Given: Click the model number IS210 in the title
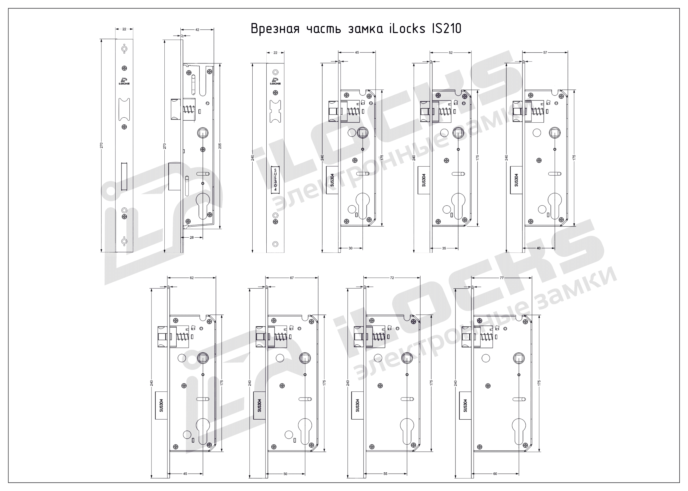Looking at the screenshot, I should coord(444,29).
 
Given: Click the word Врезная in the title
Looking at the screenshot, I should coord(275,29).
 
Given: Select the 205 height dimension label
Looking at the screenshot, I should coord(220,146).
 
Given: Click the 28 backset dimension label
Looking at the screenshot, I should coord(191,238).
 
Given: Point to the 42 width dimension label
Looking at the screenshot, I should coord(197,30).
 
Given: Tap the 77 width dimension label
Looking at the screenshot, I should coord(502,278).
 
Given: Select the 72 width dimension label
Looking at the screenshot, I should coord(392,278).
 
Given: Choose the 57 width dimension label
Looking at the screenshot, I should coord(545,53).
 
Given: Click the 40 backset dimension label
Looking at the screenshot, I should coord(539,248).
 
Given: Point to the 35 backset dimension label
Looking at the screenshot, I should coord(444,248).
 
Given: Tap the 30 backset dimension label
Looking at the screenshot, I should coord(350,248).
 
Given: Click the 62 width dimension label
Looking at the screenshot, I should coord(191,278).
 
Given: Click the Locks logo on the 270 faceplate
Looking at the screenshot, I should coord(124,81).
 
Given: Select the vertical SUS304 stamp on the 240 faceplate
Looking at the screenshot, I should coord(275,179).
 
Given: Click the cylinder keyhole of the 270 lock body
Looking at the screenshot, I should coord(203,204).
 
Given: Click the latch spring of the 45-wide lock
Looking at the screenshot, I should coord(353,112).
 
